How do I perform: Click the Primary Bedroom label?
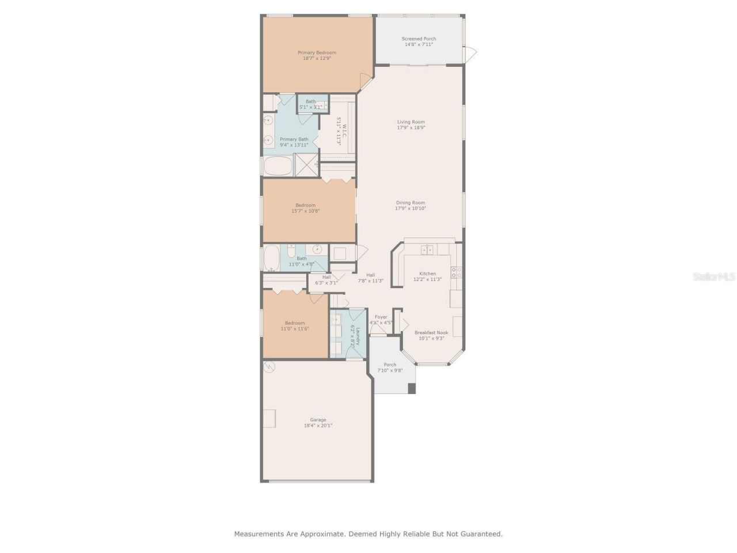[x=317, y=52]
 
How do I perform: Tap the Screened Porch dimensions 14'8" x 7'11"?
[x=419, y=44]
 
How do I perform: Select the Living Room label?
[x=411, y=122]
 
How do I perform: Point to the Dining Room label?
[x=411, y=202]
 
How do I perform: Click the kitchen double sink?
[x=427, y=249]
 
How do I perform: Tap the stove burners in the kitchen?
[x=456, y=272]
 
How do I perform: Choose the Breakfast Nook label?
[x=431, y=332]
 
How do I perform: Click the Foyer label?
[x=381, y=317]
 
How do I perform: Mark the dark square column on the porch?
[x=411, y=388]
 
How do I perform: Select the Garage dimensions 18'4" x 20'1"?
[x=318, y=426]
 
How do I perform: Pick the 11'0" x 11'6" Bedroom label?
[x=295, y=323]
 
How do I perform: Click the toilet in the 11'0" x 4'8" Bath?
[x=291, y=251]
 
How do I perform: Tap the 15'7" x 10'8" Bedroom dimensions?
[x=305, y=211]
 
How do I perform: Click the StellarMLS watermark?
[x=714, y=277]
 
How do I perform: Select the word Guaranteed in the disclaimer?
[x=479, y=534]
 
